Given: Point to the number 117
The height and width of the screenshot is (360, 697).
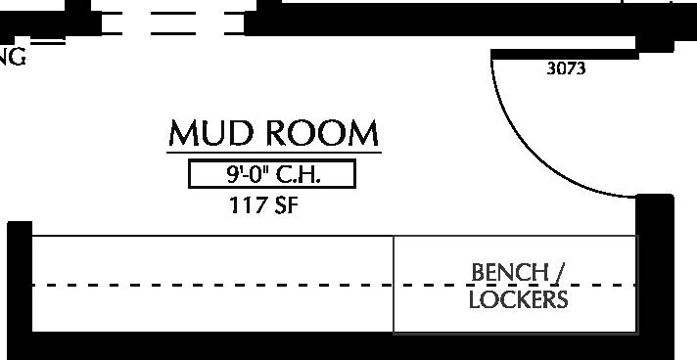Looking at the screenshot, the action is [x=246, y=206].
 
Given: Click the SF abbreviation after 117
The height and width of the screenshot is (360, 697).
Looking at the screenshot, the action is [x=284, y=206].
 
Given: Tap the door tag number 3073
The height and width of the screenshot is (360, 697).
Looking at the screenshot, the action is [x=565, y=69].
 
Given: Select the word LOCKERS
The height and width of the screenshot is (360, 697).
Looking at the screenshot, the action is [x=518, y=299].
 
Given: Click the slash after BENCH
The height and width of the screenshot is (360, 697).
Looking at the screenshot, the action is [x=561, y=271].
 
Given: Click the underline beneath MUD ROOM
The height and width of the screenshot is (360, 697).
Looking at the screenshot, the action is [x=273, y=153].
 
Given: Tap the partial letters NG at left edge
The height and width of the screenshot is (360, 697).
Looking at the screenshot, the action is [x=13, y=56].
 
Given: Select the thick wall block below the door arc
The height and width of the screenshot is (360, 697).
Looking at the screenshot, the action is [x=655, y=264].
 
